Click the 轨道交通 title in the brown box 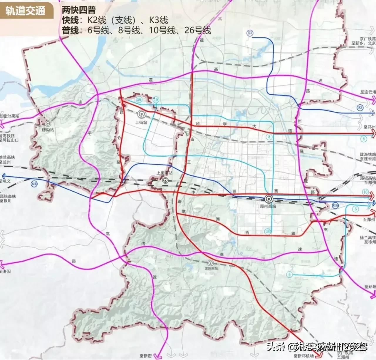point(26,11)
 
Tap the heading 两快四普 point(79,10)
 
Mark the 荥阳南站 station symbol point(210,263)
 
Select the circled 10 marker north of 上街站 point(156,100)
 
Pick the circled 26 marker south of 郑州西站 point(267,231)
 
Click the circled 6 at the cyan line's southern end point(289,275)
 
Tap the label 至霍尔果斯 point(10,116)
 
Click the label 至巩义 point(5,181)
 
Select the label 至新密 point(146,356)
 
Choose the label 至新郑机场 point(303,356)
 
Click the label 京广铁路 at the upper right point(367,39)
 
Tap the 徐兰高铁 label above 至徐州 point(368,237)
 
